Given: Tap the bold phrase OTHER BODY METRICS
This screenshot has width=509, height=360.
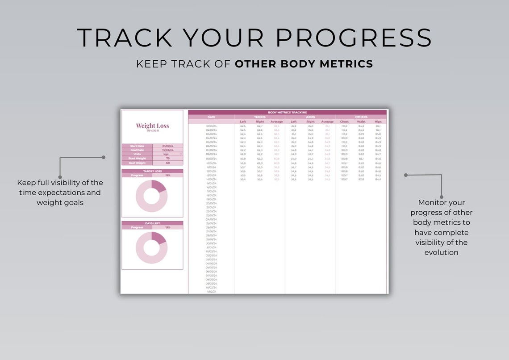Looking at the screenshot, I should coord(304,64).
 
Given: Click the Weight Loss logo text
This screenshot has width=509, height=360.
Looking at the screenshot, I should coord(152,126).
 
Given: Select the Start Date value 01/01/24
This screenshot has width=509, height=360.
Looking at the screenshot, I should coord(167,146).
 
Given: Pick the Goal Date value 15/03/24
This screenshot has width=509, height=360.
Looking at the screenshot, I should coord(167,150).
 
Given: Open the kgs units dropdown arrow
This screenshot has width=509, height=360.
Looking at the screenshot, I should coord(181,154).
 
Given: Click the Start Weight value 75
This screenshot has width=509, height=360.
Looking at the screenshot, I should coord(167,158).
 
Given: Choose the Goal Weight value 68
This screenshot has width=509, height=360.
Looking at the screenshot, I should coord(167,163).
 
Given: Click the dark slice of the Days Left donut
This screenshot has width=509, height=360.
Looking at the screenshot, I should coord(159,238).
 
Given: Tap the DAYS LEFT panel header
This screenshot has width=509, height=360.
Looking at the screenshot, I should coord(152,223).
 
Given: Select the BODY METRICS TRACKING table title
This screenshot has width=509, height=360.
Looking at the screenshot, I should coord(287,113).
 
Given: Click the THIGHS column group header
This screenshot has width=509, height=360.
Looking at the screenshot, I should coord(259,117).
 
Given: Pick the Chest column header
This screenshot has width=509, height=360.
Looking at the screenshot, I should coord(344,121).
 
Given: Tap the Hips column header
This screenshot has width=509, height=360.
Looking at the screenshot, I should coord(378,121).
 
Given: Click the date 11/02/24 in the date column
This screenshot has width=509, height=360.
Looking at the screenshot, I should coord(211,291).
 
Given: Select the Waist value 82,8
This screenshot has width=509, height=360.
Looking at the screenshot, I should coord(361,179).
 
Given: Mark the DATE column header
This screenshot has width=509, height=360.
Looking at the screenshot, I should coord(211,117).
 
